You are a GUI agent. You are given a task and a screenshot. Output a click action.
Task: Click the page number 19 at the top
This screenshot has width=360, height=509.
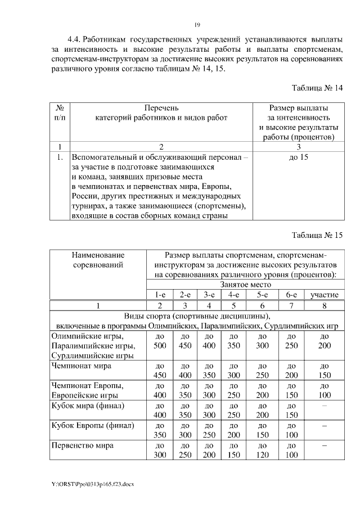pyautogui.click(x=197, y=24)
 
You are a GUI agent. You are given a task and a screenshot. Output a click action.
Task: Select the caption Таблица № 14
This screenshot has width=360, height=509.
pyautogui.click(x=317, y=88)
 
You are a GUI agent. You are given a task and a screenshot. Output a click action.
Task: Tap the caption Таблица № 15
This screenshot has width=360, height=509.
pyautogui.click(x=317, y=235)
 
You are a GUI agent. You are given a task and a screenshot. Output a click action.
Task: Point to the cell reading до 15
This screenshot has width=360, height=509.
pyautogui.click(x=298, y=157)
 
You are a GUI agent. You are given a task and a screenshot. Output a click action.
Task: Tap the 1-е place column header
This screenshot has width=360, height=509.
pyautogui.click(x=160, y=295)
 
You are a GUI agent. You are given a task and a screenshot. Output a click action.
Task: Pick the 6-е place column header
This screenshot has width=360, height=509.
pyautogui.click(x=291, y=295)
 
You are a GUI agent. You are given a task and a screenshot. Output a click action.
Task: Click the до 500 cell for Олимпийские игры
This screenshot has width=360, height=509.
pyautogui.click(x=160, y=341)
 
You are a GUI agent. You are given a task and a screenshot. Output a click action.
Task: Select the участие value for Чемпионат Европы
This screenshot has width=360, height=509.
pyautogui.click(x=323, y=390)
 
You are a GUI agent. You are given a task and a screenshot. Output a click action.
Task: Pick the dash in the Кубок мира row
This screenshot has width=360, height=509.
pyautogui.click(x=323, y=406)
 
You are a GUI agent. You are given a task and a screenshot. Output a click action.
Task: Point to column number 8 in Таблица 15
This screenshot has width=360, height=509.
pyautogui.click(x=323, y=305)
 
